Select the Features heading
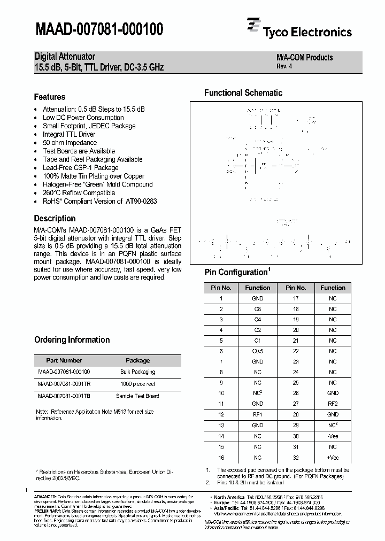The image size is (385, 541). click(50, 97)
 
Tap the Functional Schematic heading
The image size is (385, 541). click(243, 93)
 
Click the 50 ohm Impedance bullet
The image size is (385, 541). click(70, 143)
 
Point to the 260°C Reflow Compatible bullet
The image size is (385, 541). click(79, 193)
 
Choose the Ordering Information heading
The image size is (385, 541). click(72, 340)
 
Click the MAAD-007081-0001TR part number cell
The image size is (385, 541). click(64, 384)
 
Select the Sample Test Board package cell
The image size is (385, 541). click(137, 396)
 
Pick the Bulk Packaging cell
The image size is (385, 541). click(137, 372)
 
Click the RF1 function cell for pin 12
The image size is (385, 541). click(257, 415)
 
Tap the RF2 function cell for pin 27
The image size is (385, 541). click(333, 404)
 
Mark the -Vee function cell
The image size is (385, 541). click(333, 436)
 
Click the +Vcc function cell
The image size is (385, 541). click(333, 458)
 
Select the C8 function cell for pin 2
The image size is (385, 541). click(257, 309)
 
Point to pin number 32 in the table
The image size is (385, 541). click(296, 458)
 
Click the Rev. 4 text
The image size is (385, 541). click(284, 67)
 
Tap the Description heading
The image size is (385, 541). click(55, 219)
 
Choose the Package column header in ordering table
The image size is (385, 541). click(137, 360)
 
